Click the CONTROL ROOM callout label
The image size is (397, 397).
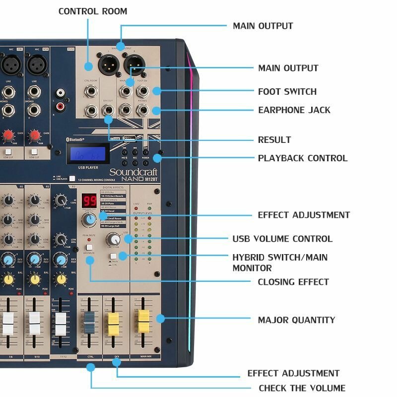93,11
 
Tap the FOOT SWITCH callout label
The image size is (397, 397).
287,91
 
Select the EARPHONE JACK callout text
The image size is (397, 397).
294,110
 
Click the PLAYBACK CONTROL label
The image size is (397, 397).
303,158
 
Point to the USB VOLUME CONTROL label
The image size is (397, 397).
282,239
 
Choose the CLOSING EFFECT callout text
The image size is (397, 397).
293,282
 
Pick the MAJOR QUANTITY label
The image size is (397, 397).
296,320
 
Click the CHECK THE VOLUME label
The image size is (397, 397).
302,388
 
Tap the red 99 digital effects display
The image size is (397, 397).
89,201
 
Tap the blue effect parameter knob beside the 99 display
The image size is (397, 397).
90,219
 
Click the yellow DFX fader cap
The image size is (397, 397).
114,321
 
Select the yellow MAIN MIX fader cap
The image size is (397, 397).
143,320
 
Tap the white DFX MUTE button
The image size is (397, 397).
90,247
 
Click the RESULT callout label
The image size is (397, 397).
274,140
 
